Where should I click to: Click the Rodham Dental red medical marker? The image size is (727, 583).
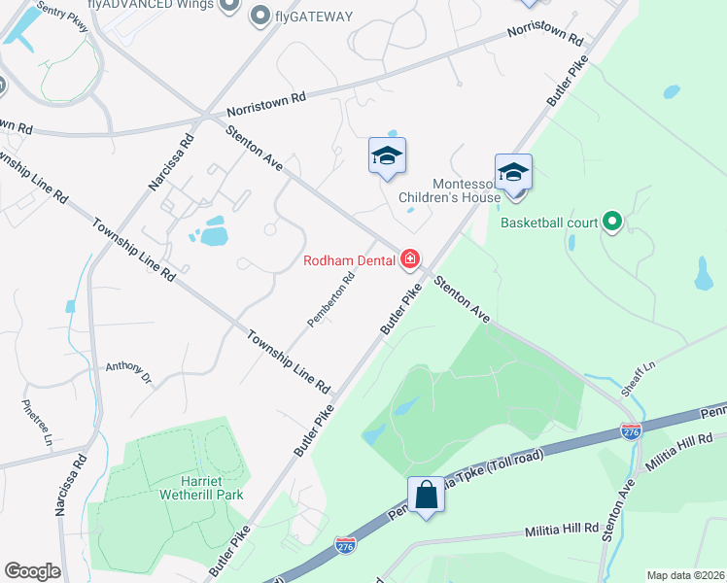(x=410, y=258)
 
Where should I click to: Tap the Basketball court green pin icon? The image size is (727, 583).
(x=611, y=223)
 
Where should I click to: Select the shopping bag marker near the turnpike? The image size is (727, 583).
(x=426, y=495)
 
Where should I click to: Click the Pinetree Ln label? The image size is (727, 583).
(x=36, y=419)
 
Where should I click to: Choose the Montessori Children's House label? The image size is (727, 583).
(x=451, y=189)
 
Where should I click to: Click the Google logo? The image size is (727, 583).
(x=32, y=571)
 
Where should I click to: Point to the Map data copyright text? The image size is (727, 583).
(x=686, y=575)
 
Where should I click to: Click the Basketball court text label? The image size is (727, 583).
(x=549, y=223)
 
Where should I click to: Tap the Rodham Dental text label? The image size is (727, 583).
(x=349, y=259)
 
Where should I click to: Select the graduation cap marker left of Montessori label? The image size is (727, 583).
(x=387, y=155)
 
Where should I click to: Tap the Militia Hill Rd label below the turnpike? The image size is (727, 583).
(x=562, y=530)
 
